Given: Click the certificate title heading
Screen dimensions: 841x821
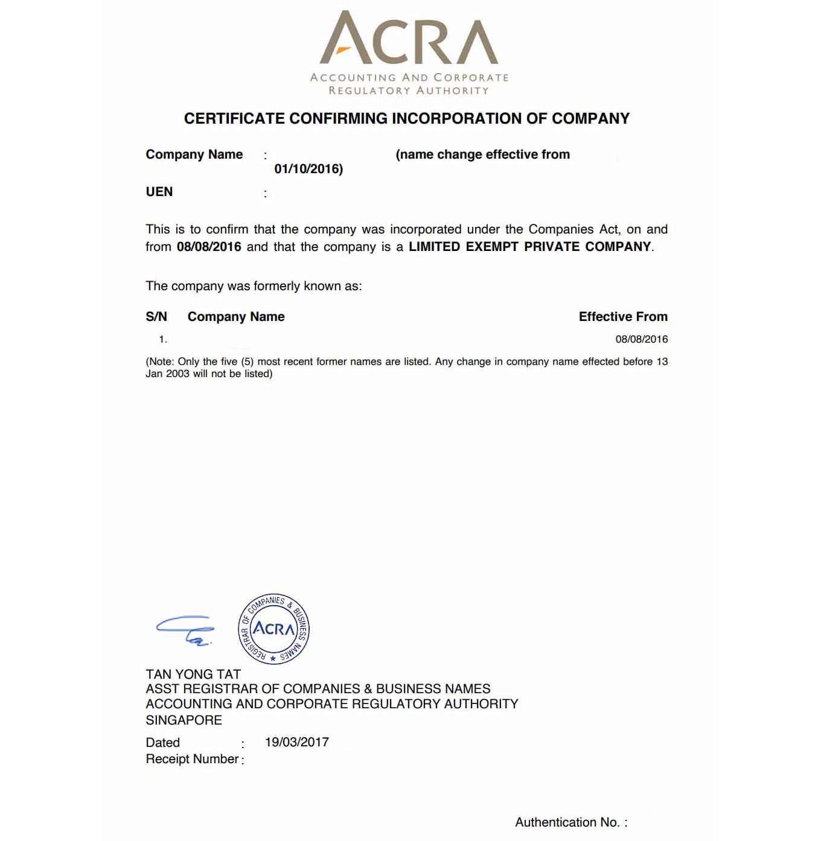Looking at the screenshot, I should click(406, 119).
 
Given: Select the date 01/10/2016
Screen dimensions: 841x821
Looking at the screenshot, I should click(308, 169).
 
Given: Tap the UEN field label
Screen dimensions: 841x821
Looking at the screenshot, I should click(159, 192).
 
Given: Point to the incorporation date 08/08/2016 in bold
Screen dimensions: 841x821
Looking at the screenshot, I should click(209, 247).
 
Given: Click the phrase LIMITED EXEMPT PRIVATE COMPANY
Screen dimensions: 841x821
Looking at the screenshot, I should click(530, 247).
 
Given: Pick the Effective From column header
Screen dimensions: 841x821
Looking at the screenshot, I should click(623, 317).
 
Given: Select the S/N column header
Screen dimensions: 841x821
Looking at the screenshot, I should click(156, 317).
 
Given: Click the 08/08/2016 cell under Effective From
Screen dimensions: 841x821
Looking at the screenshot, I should click(641, 339).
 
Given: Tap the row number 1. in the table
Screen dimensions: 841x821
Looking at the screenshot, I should click(162, 340).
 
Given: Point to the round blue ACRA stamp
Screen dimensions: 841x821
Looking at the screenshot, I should click(274, 629).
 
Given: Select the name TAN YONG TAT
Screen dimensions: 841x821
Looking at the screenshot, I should click(193, 674).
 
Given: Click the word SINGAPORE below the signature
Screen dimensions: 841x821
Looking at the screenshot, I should click(184, 720).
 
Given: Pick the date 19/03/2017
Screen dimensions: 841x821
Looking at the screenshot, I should click(297, 742).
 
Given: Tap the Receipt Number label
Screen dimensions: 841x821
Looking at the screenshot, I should click(192, 759).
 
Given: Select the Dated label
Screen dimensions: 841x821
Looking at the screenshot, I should click(163, 743).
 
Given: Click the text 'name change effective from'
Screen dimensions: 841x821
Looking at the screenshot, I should click(482, 154).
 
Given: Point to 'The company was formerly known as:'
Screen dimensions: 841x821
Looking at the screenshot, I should click(254, 286).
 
